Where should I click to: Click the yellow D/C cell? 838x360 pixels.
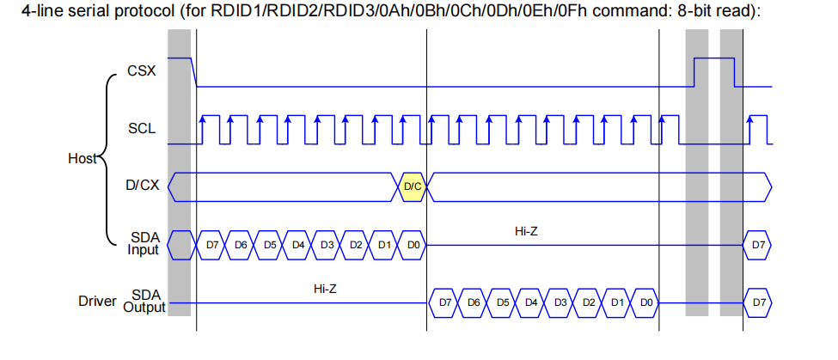click(x=412, y=187)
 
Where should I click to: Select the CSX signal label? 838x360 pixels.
click(x=142, y=71)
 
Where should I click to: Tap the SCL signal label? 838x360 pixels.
click(x=142, y=129)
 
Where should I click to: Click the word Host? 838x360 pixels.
click(x=83, y=159)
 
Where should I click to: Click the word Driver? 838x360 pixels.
click(x=97, y=302)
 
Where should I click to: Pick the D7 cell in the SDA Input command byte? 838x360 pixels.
click(x=212, y=245)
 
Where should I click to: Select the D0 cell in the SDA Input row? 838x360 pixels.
click(x=413, y=245)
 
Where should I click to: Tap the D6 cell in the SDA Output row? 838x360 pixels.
click(x=474, y=302)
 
